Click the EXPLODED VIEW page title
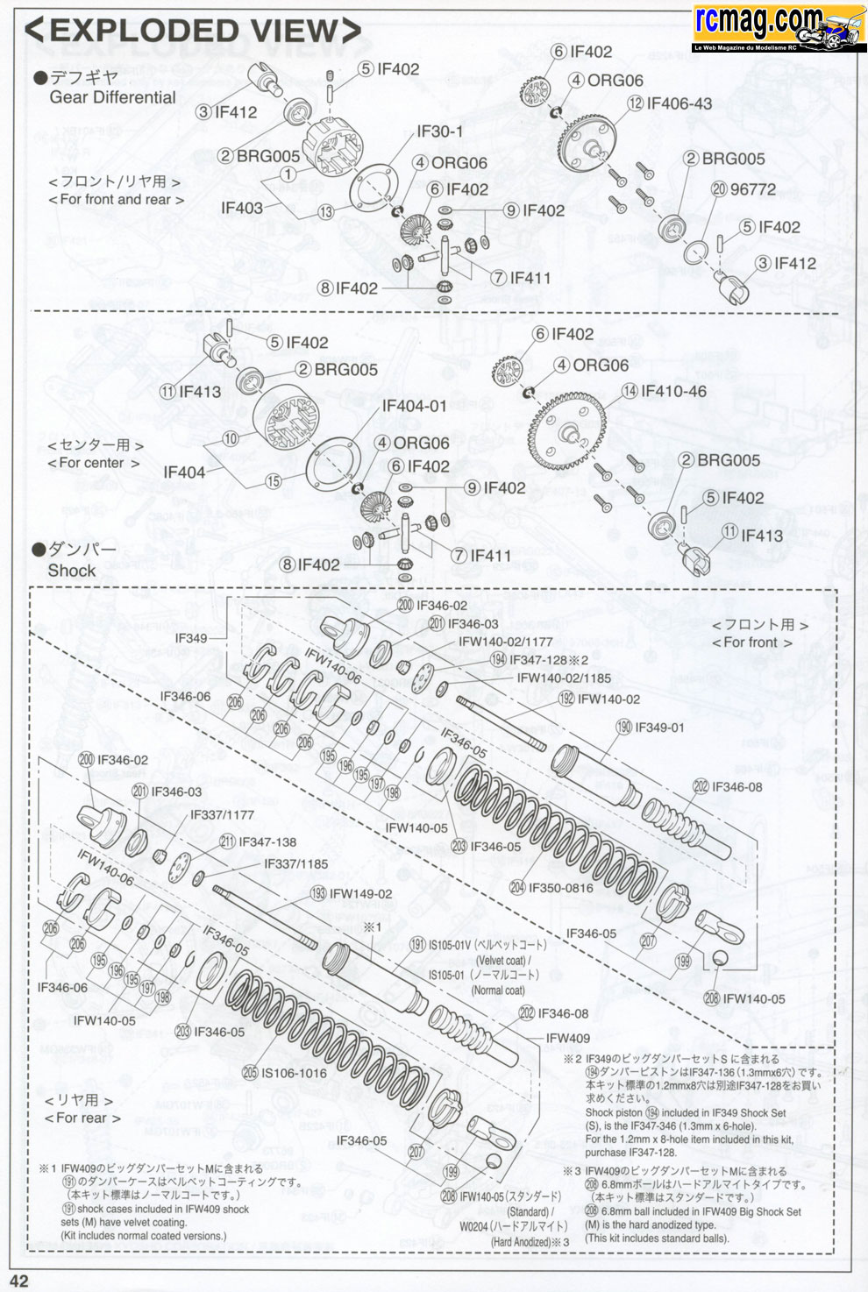(x=192, y=31)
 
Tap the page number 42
(x=18, y=1281)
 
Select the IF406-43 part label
(x=679, y=103)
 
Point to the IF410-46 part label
(x=673, y=391)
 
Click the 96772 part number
(x=753, y=189)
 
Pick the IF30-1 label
(x=440, y=131)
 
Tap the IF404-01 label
(x=414, y=406)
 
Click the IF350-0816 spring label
(x=561, y=888)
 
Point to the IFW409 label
(x=568, y=1038)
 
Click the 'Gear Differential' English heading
(x=112, y=97)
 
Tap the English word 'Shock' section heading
(x=72, y=571)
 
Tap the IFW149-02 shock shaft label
(x=360, y=894)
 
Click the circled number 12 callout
(x=636, y=103)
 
